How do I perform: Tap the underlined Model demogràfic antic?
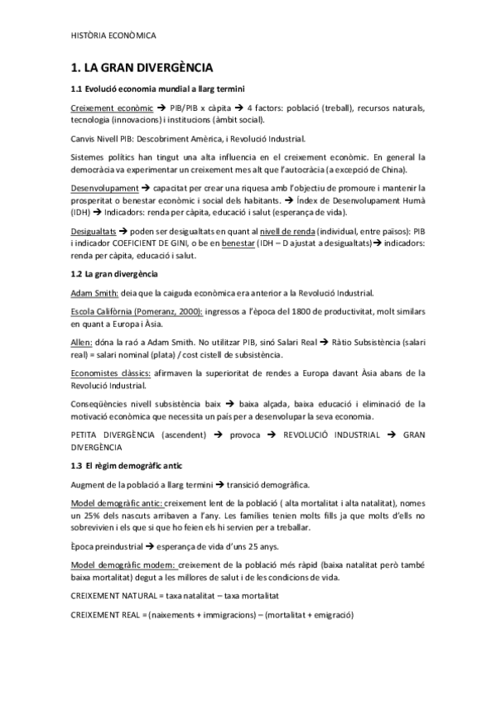tap(117, 504)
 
